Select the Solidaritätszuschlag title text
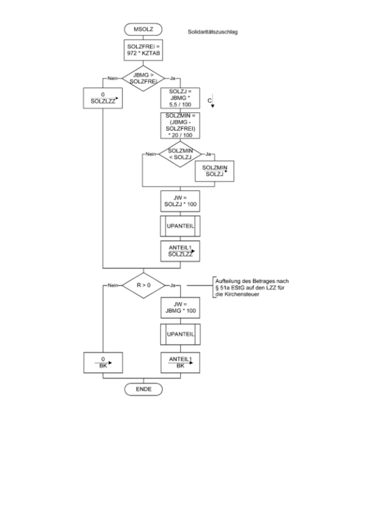213,32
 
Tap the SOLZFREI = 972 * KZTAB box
143,51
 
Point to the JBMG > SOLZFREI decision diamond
143,78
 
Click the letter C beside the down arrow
209,101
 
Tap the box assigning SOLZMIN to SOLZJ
215,172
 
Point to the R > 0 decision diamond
143,286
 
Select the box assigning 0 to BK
103,362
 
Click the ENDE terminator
143,389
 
